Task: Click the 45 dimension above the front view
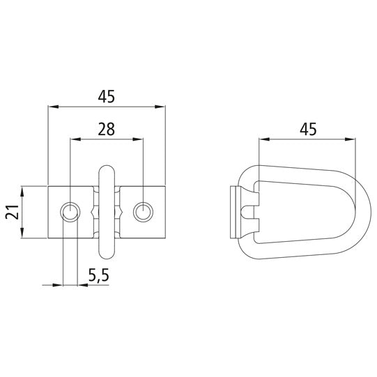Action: point(106,97)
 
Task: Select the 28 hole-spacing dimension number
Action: point(107,129)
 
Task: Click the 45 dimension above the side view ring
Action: point(308,129)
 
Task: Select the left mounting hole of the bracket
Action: point(70,211)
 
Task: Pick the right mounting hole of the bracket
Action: point(143,211)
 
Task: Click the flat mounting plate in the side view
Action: point(235,212)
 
